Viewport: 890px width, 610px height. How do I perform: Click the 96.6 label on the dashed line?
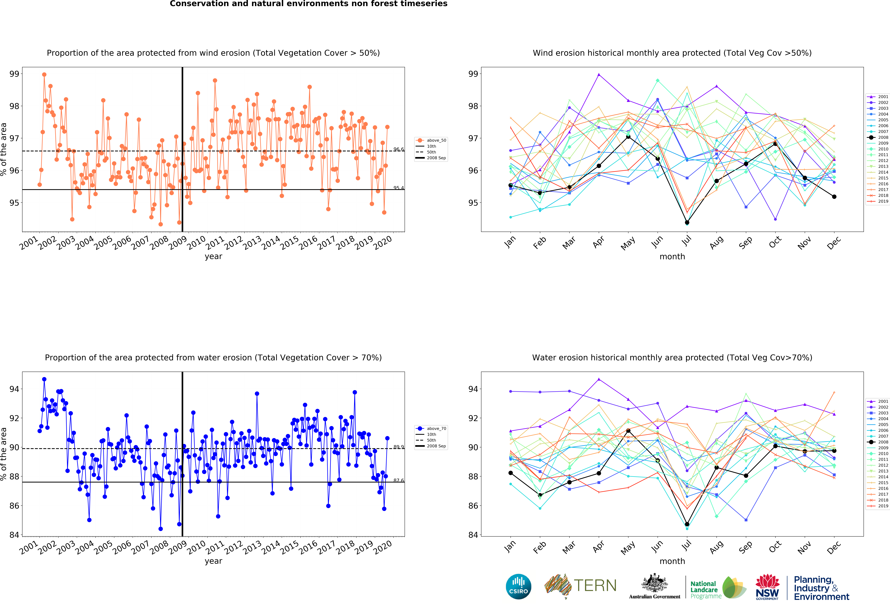(x=398, y=149)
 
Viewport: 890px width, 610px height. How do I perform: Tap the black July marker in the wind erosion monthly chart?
(x=687, y=222)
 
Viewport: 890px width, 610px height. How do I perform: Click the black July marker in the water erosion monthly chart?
(x=687, y=524)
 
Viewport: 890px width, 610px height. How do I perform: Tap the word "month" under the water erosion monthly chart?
(x=672, y=561)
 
